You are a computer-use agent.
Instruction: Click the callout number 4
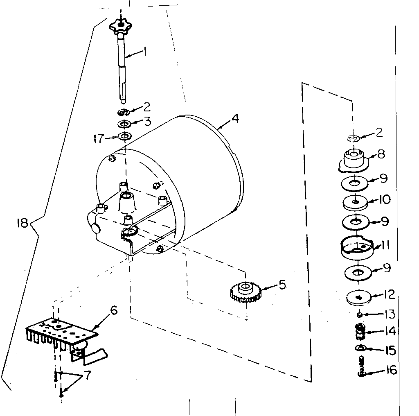pyautogui.click(x=234, y=119)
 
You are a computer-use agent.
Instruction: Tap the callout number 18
pyautogui.click(x=23, y=223)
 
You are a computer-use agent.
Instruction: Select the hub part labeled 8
pyautogui.click(x=354, y=160)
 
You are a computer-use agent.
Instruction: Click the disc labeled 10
pyautogui.click(x=355, y=202)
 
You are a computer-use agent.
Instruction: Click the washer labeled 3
pyautogui.click(x=124, y=124)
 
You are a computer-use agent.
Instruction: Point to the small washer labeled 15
pyautogui.click(x=360, y=348)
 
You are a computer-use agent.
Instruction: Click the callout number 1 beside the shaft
pyautogui.click(x=144, y=52)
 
